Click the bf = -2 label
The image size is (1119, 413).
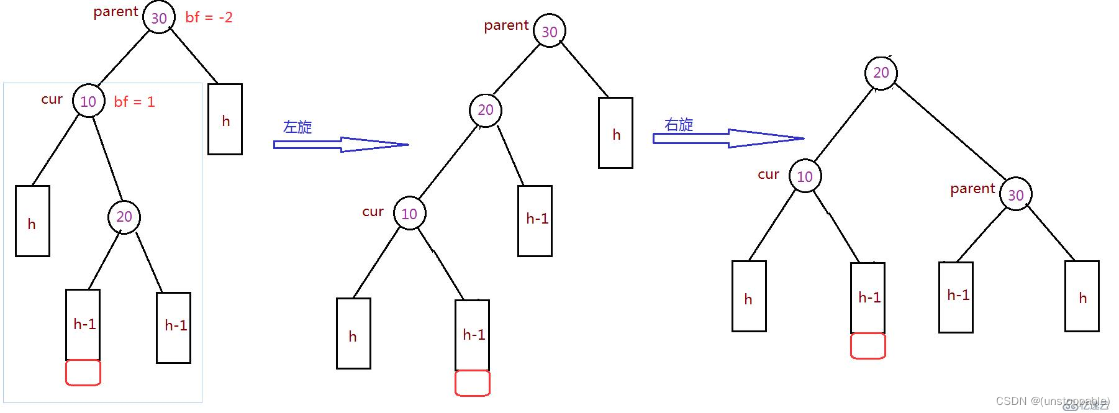coord(209,17)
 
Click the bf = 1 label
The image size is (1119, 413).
coord(134,102)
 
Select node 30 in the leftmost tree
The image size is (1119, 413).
coord(159,17)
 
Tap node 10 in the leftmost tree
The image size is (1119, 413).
coord(88,101)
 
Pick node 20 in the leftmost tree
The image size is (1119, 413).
coord(124,217)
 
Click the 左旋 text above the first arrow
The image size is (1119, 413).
coord(297,127)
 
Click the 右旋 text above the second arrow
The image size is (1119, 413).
coord(679,125)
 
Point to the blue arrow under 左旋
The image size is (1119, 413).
coord(340,145)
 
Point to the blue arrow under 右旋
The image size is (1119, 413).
coord(728,138)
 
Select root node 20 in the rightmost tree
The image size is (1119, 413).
coord(881,73)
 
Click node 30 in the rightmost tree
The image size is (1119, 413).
coord(1015,195)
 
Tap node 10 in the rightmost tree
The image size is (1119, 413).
coord(805,176)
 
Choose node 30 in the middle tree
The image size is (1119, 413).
coord(550,32)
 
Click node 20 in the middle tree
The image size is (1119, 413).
coord(486,110)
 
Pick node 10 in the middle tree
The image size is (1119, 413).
coord(409,214)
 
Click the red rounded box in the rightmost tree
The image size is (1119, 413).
coord(868,346)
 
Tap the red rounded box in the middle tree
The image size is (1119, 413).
coord(473,383)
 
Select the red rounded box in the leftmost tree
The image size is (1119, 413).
coord(83,373)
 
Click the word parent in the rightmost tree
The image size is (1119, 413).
coord(972,189)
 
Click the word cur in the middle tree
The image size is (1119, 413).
coord(373,212)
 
